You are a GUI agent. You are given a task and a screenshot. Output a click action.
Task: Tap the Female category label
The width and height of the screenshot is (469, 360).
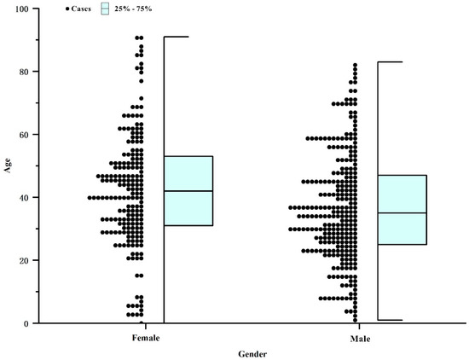point(145,337)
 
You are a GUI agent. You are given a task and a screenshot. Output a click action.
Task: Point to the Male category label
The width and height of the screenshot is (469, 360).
point(358,337)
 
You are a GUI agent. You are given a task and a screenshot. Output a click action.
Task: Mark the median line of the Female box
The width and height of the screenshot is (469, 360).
point(188,191)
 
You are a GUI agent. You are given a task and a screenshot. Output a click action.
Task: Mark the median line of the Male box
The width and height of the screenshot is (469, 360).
point(402,213)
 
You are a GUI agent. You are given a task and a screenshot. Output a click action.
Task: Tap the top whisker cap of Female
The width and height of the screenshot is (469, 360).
point(176,37)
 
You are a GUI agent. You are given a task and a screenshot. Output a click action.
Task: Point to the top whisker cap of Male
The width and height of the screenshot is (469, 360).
point(390,62)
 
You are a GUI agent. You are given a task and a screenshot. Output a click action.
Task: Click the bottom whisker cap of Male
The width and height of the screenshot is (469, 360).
point(390,320)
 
